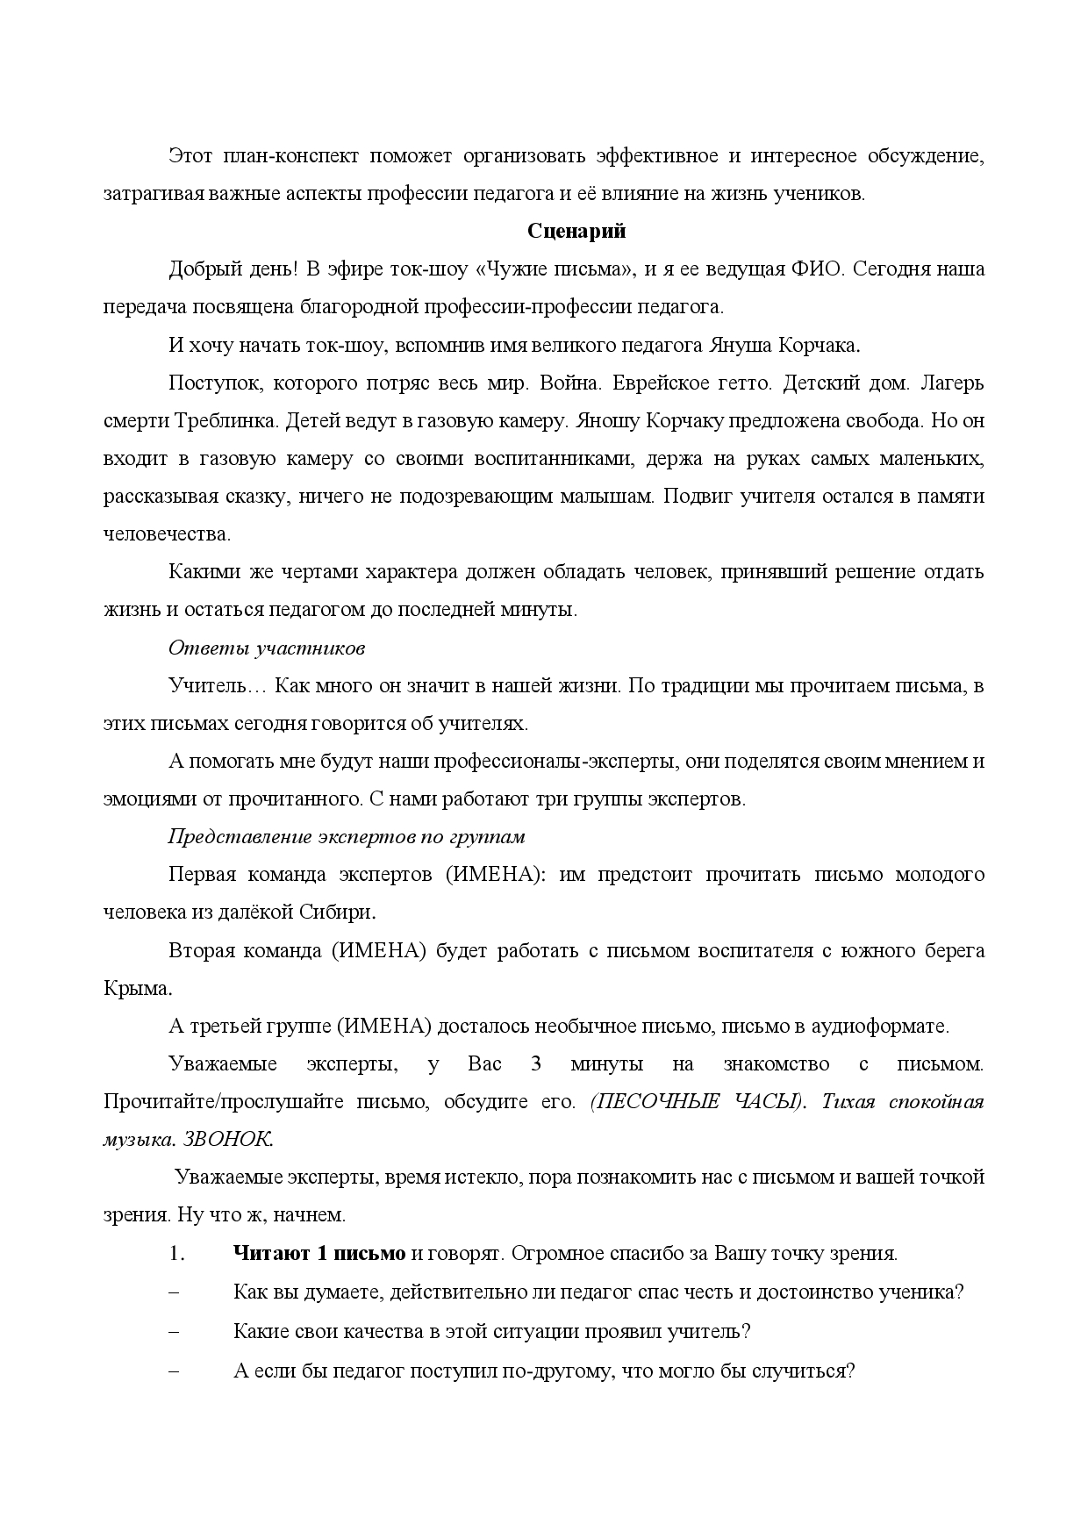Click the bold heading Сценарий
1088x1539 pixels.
point(576,233)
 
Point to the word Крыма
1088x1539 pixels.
point(137,988)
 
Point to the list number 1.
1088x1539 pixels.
point(175,1254)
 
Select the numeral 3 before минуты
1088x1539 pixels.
point(536,1064)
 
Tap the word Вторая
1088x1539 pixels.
point(202,951)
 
